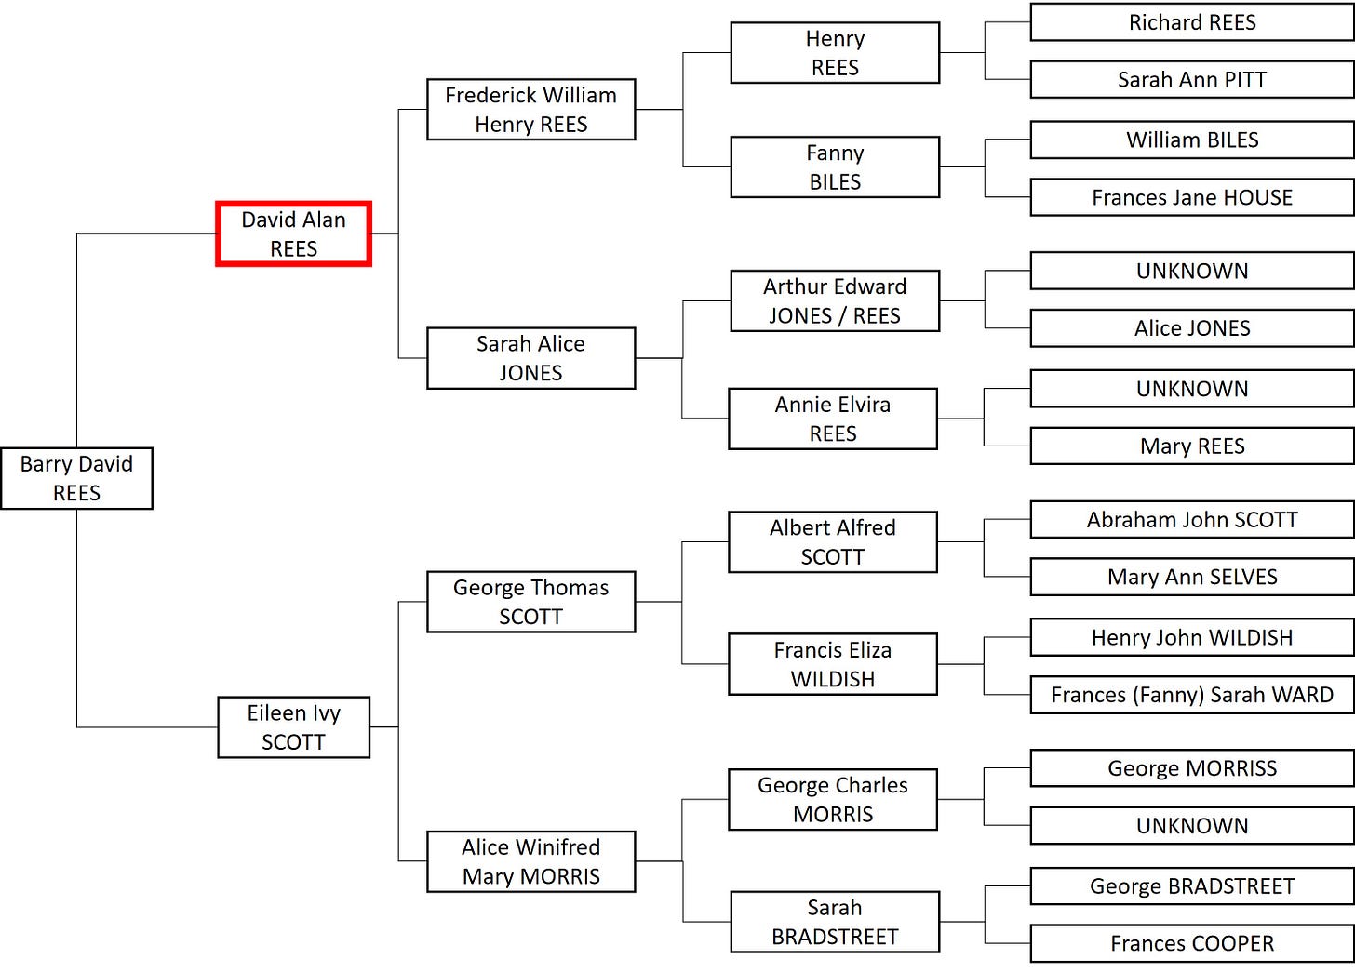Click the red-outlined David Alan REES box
(x=293, y=234)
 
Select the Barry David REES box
(x=76, y=478)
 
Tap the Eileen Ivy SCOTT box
(x=293, y=727)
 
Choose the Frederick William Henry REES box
(x=530, y=110)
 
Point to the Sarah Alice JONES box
(x=530, y=358)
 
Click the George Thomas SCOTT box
(x=530, y=602)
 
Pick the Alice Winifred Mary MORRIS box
(x=530, y=861)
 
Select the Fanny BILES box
(x=835, y=167)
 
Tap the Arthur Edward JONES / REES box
(x=835, y=300)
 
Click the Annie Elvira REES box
(x=833, y=419)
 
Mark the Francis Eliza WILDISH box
(x=833, y=664)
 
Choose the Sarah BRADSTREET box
(x=835, y=922)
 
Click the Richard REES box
(x=1192, y=22)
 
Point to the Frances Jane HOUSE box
(x=1192, y=197)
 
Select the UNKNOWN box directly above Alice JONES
(x=1192, y=271)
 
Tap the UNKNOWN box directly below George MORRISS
(x=1192, y=825)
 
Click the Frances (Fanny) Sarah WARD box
(x=1192, y=695)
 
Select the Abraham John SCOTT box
(x=1192, y=520)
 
